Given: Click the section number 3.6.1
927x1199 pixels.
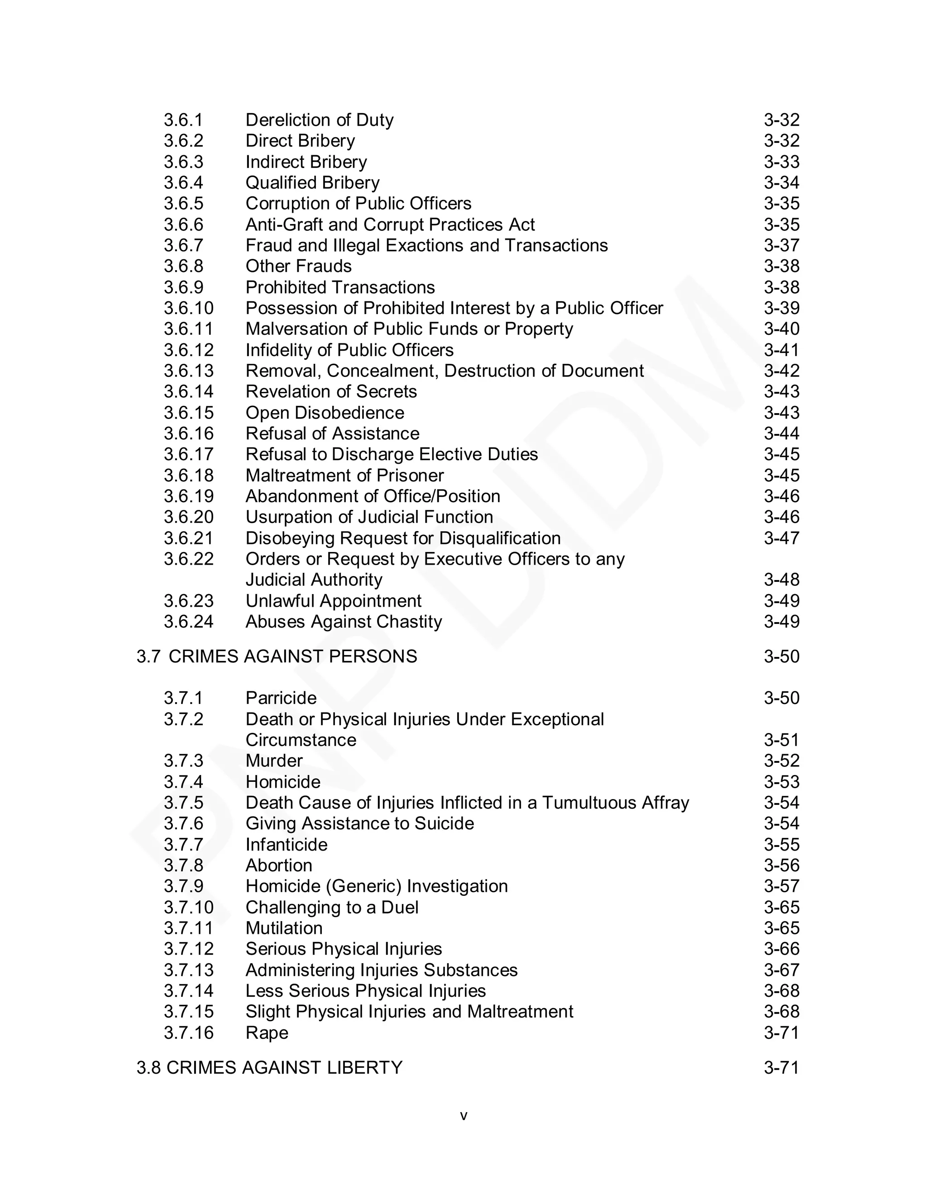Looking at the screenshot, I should (x=183, y=120).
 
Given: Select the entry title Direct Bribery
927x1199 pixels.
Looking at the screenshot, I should (x=300, y=141).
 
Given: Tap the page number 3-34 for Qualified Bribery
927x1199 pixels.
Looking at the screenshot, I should (x=781, y=182).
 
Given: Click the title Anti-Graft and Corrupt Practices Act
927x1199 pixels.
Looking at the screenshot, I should (x=390, y=224).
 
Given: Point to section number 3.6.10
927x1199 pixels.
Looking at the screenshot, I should (x=188, y=308).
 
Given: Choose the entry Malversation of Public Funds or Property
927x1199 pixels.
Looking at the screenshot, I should (x=409, y=329).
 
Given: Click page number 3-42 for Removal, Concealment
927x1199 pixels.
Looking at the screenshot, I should (x=781, y=371).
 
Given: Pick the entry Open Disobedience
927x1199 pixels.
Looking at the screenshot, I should (x=325, y=412).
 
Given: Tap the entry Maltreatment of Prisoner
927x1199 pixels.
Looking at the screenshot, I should (x=344, y=476).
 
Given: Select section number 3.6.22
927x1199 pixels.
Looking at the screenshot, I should (x=188, y=559).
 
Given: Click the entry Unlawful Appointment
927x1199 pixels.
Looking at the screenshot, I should (x=333, y=600).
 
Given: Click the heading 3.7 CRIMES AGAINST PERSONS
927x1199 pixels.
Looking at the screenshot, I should (x=277, y=657).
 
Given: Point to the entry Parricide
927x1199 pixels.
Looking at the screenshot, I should (x=281, y=698).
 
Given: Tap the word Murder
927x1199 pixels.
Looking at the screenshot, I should (x=274, y=761).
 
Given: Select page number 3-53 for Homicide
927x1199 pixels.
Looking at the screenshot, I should (x=781, y=782).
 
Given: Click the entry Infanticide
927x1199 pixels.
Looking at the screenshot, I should (x=286, y=844).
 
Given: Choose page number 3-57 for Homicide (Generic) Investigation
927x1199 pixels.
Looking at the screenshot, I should (x=781, y=886).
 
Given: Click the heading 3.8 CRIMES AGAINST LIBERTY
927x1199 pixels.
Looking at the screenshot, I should (x=270, y=1067).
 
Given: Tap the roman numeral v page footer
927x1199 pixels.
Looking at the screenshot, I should (x=463, y=1116).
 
